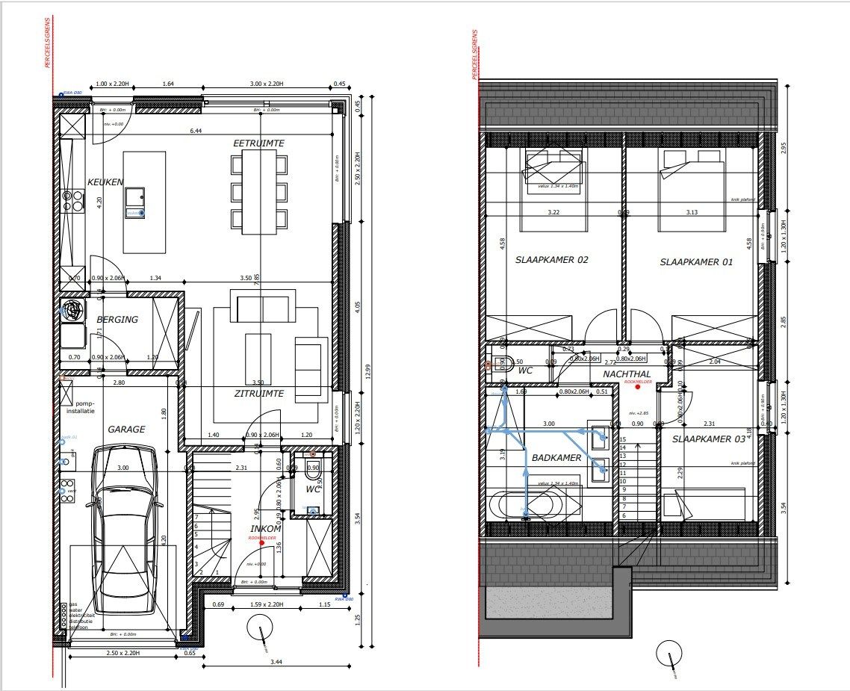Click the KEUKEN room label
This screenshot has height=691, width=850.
pyautogui.click(x=105, y=182)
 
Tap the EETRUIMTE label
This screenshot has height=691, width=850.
pyautogui.click(x=258, y=143)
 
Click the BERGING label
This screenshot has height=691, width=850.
pyautogui.click(x=117, y=320)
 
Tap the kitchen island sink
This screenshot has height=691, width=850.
pyautogui.click(x=135, y=197)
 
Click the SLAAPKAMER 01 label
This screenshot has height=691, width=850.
pyautogui.click(x=696, y=262)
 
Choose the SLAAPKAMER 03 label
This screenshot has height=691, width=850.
pyautogui.click(x=708, y=439)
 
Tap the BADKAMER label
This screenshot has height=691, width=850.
pyautogui.click(x=556, y=458)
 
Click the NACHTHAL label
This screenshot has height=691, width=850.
pyautogui.click(x=627, y=374)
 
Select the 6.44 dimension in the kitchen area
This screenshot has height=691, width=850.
pyautogui.click(x=196, y=131)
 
